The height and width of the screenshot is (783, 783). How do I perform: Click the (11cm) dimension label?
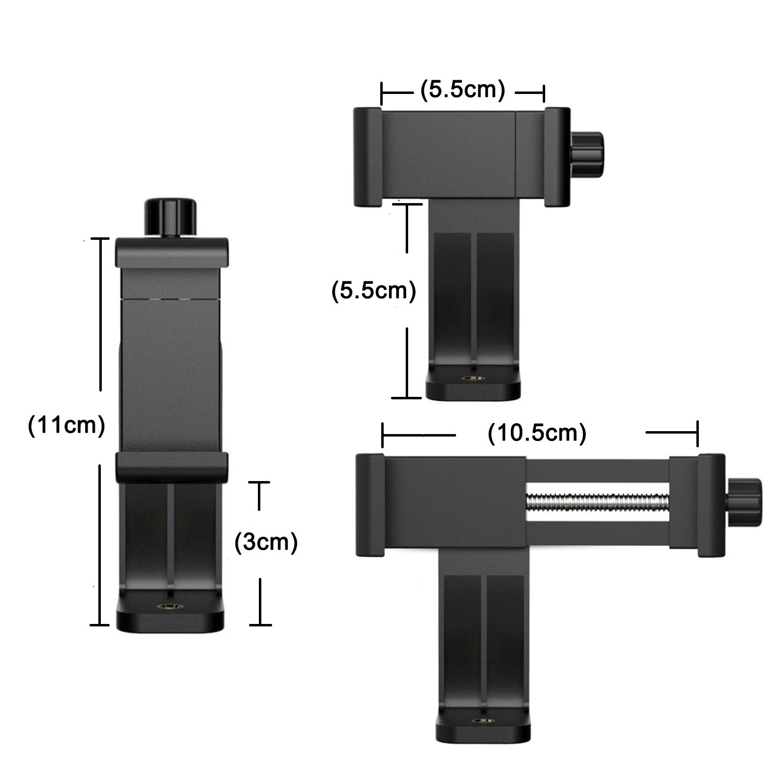[67, 425]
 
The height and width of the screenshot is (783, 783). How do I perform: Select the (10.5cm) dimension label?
[537, 433]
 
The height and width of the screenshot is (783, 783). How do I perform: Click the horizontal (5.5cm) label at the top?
[462, 90]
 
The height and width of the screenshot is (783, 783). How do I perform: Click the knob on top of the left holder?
[170, 217]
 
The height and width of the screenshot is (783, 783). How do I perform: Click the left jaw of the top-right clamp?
[368, 157]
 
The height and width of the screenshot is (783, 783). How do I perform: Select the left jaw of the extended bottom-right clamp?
[369, 505]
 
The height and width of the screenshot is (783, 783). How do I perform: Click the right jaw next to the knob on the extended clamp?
[711, 505]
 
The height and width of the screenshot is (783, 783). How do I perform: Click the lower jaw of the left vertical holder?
[171, 467]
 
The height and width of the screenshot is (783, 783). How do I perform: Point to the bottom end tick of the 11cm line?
[100, 625]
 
